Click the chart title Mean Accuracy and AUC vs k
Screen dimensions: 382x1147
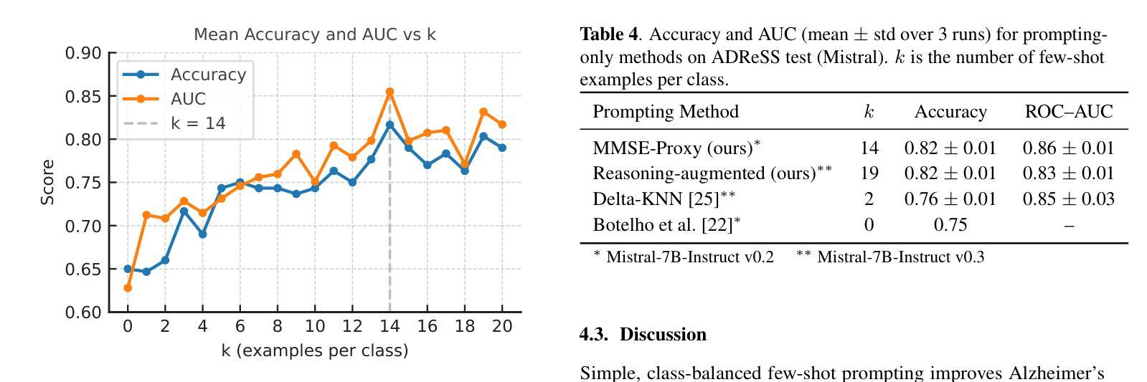pos(315,34)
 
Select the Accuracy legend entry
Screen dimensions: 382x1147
pos(207,75)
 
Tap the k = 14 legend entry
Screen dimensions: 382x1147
pos(197,123)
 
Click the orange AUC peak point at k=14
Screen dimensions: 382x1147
pos(390,92)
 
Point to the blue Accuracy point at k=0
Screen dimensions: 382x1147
pos(128,269)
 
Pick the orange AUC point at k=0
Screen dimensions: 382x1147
pos(128,287)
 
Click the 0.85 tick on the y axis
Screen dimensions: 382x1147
pos(83,96)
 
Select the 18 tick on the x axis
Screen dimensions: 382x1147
pos(465,326)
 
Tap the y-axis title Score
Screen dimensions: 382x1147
pos(48,182)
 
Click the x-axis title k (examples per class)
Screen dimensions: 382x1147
pos(315,350)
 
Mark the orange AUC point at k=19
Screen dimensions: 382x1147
pos(483,112)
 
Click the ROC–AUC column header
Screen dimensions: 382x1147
pos(1068,112)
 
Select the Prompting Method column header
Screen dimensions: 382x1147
pos(665,112)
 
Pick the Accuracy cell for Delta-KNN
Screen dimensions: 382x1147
pos(950,199)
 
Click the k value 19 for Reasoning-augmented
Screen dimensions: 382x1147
pos(869,173)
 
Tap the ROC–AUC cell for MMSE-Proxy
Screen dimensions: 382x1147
pos(1068,148)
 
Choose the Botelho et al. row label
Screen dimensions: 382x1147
pos(666,225)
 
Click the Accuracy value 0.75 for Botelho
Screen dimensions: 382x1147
pos(950,225)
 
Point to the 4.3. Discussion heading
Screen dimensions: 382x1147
pos(643,335)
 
